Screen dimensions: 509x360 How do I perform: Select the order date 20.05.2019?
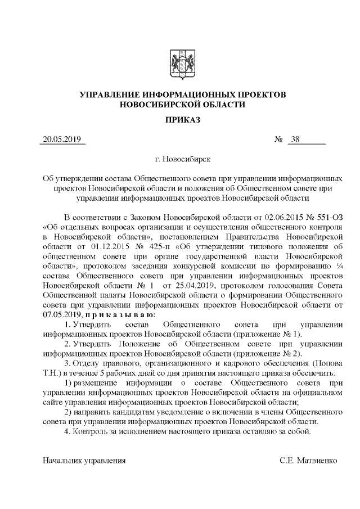click(62, 140)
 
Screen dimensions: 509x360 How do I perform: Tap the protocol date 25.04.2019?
click(190, 287)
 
